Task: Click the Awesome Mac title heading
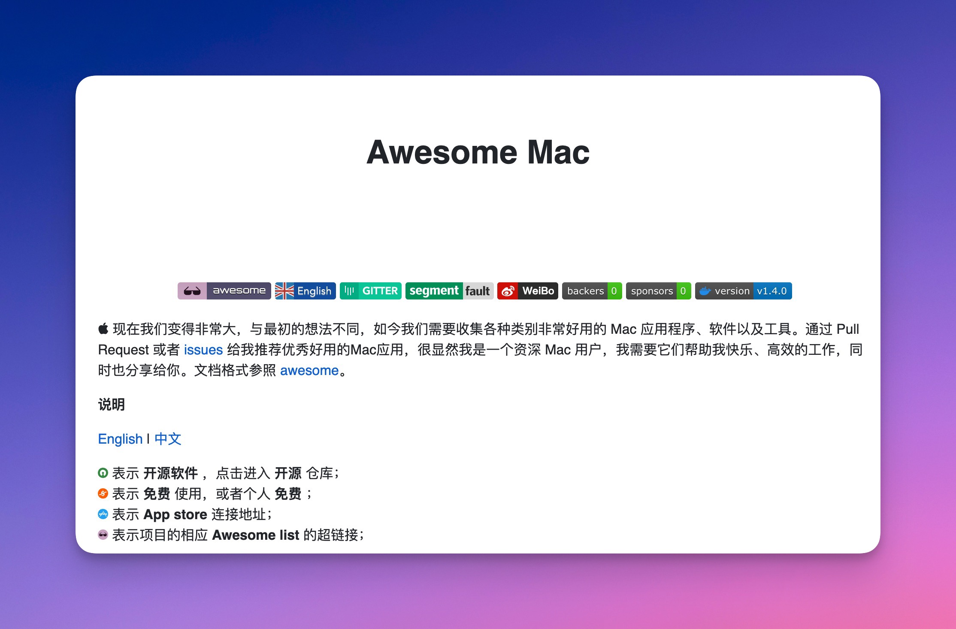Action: tap(478, 152)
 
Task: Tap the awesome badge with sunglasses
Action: tap(224, 291)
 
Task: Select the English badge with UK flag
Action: tap(306, 291)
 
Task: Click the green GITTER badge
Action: tap(371, 291)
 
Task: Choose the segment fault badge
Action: tap(449, 291)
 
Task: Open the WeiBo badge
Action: tap(528, 291)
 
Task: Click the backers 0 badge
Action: tap(592, 291)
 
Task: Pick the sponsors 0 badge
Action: tap(659, 291)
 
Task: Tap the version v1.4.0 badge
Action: tap(744, 291)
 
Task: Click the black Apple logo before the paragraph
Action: tap(103, 329)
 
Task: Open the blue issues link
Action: tap(203, 350)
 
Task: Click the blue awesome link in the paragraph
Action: tap(309, 370)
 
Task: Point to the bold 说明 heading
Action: tap(112, 405)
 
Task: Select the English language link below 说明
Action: tap(120, 439)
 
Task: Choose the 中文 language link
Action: tap(168, 439)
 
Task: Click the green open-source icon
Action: tap(103, 473)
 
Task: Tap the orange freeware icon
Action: tap(103, 493)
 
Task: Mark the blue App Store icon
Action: tap(103, 514)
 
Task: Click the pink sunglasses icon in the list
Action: tap(103, 535)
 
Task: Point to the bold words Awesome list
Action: tap(256, 535)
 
